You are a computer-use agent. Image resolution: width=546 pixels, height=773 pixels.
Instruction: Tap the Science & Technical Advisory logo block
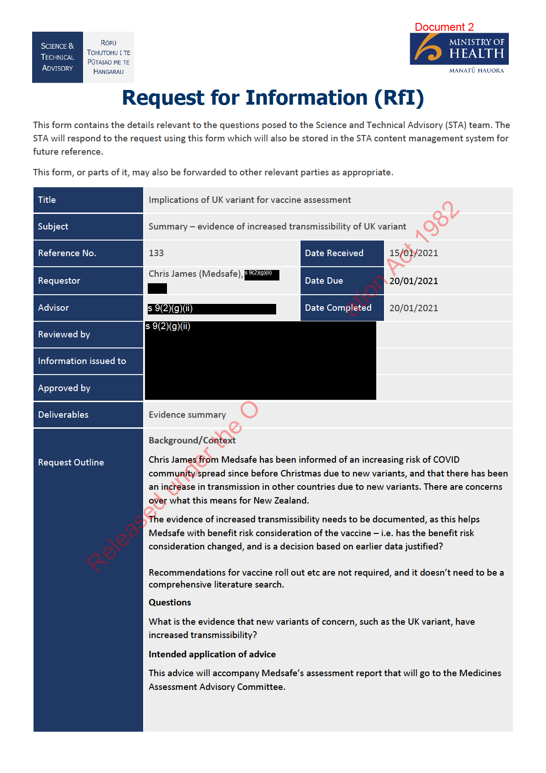coord(83,57)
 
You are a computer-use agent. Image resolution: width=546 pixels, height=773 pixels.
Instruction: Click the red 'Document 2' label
coord(444,27)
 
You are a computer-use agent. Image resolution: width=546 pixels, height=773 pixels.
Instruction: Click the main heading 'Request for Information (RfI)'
coord(273,98)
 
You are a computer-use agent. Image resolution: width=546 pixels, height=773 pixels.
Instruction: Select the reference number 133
coord(156,253)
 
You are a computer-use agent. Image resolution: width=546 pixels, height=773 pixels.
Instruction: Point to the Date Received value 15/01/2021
coord(413,253)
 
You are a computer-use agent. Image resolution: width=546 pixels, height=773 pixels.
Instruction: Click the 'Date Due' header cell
coord(324,280)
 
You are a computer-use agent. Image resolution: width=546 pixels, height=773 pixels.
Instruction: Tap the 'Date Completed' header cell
coord(338,308)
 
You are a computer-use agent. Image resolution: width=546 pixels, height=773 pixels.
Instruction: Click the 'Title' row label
coord(47,200)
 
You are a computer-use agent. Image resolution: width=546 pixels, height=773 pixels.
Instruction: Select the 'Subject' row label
coord(53,226)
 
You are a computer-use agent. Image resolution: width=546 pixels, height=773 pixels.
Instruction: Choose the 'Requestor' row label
coord(59,280)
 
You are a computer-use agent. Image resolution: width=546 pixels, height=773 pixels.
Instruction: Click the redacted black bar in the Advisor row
coord(212,308)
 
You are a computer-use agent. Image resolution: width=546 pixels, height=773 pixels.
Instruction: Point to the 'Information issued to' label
coord(82,361)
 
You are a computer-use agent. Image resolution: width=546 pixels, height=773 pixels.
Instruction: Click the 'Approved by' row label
coord(64,388)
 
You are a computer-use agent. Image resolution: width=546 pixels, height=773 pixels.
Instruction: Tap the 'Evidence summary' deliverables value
coord(187,415)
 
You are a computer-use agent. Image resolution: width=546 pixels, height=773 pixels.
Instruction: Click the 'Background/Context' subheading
coord(192,440)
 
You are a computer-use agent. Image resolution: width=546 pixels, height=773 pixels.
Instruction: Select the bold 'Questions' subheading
coord(170,602)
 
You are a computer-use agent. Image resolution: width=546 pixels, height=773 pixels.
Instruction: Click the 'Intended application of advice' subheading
coord(212,654)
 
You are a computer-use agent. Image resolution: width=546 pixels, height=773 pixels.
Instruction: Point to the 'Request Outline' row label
coord(71,462)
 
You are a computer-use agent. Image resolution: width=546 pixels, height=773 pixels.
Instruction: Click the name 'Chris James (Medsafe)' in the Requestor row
coord(195,274)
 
